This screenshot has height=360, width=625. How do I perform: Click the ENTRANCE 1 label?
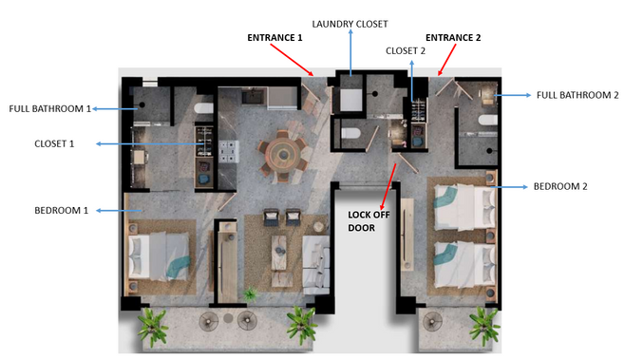point(275,38)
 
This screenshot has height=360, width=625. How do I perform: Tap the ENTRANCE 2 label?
point(453,38)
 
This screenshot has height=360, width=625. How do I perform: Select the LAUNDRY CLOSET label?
point(350,24)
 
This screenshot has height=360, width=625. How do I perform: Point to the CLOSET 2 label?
point(406,51)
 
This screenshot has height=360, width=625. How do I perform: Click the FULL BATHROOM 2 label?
point(578,95)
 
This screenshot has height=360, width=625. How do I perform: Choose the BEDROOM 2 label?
point(560,186)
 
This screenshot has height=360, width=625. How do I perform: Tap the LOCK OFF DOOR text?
point(369,221)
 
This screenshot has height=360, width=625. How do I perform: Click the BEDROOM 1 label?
point(62,211)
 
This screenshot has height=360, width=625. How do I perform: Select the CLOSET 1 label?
point(54,144)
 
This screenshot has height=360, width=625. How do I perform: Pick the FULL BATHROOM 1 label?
point(50,109)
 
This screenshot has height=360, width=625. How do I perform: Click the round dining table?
point(283,154)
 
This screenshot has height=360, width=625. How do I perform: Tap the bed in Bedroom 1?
point(159,256)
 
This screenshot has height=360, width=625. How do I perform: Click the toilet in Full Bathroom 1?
point(203,108)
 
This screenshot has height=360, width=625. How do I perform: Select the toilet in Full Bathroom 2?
point(488,120)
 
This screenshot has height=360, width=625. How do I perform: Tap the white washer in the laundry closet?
point(351,100)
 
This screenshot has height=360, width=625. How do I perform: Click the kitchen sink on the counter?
point(254,97)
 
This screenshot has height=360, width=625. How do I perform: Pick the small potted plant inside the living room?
point(251,294)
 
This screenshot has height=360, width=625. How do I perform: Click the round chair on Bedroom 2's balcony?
point(432,321)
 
